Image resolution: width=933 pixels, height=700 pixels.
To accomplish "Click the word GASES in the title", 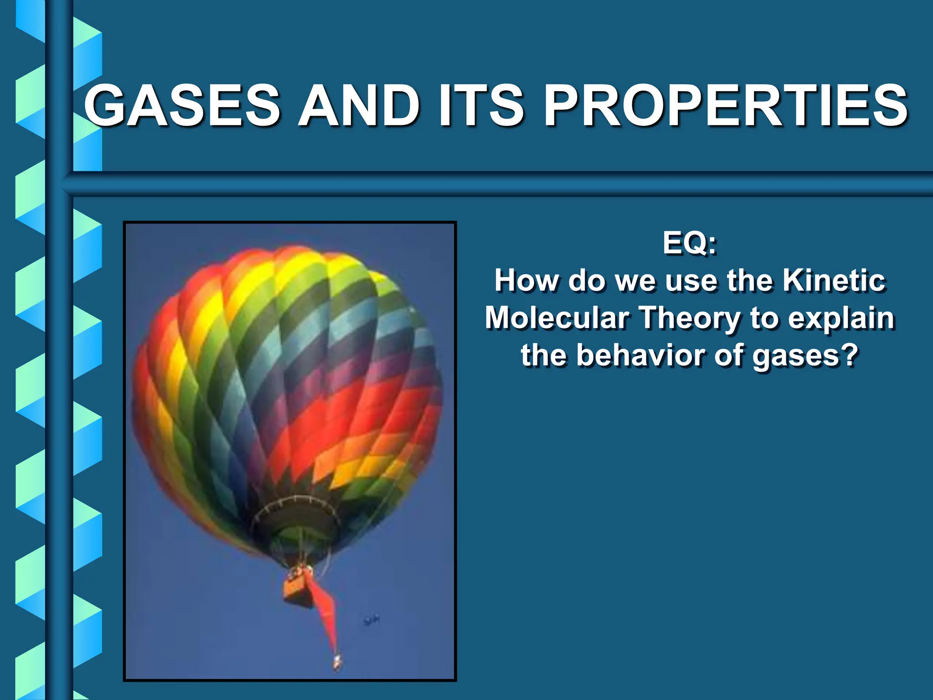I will pyautogui.click(x=182, y=106).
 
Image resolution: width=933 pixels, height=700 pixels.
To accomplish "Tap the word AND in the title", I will pyautogui.click(x=359, y=106).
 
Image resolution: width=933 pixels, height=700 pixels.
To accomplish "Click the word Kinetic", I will pyautogui.click(x=834, y=280).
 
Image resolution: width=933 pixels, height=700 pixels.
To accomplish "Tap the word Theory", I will pyautogui.click(x=691, y=319).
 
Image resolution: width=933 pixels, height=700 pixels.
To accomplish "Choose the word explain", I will pyautogui.click(x=841, y=319).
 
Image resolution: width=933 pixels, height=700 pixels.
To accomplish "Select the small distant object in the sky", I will pyautogui.click(x=371, y=620).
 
